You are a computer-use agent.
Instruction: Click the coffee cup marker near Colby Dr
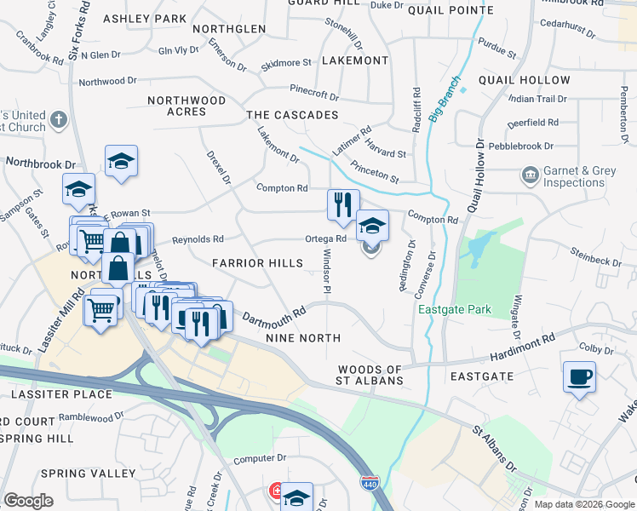(579, 377)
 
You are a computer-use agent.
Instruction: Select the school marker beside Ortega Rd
(372, 227)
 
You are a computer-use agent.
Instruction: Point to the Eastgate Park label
(454, 310)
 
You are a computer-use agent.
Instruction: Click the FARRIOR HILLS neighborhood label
(257, 263)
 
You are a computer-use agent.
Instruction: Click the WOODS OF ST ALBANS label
(370, 375)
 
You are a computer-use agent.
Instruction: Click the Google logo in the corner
(28, 501)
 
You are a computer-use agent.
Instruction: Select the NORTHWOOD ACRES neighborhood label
(187, 106)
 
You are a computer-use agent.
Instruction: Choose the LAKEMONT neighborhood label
(355, 60)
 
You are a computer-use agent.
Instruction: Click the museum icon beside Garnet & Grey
(529, 176)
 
